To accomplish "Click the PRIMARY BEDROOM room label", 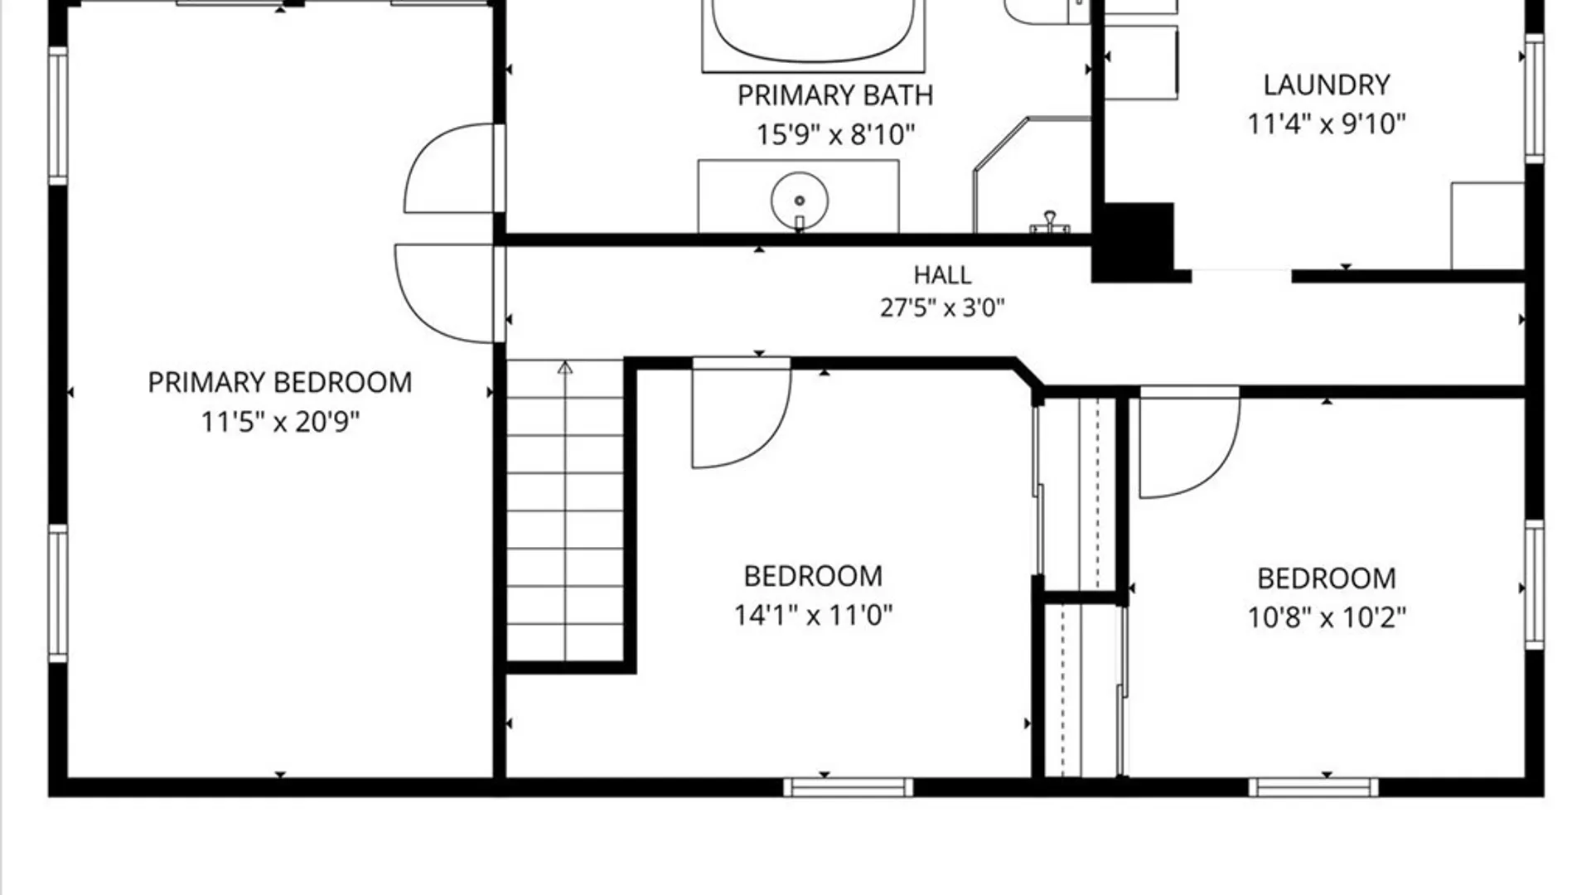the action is (280, 383).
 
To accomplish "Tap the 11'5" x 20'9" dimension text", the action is (280, 423).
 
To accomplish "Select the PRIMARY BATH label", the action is (835, 95).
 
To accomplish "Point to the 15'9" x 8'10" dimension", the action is (835, 134).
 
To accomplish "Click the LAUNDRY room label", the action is (1327, 85).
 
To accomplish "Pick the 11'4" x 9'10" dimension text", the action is (1327, 124).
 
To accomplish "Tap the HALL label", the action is (942, 274).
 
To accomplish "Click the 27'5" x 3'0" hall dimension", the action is (942, 308).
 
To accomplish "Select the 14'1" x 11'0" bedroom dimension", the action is (813, 616).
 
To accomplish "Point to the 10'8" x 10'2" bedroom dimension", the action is (1327, 617).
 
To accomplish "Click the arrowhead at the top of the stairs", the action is (565, 367).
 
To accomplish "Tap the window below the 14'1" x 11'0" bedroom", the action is (849, 786).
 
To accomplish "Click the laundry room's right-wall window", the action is (1535, 98).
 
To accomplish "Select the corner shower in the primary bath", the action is (1032, 175).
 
